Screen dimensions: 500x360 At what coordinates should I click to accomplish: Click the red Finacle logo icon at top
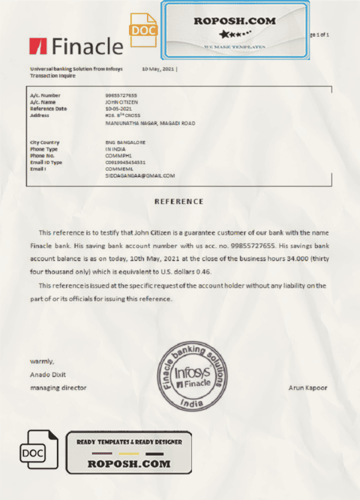(38, 46)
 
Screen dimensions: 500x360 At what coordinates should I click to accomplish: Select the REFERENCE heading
(179, 202)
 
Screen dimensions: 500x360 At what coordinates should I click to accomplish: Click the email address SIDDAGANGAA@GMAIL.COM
(140, 176)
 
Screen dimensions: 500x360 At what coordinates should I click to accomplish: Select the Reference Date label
(48, 109)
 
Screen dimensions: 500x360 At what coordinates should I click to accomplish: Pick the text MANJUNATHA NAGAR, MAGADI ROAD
(149, 123)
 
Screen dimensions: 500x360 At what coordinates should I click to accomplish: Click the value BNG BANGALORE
(125, 142)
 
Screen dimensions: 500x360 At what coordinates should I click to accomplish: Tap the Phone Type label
(44, 149)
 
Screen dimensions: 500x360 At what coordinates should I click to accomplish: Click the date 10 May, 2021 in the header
(158, 69)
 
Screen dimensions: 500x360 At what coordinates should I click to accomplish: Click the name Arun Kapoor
(308, 388)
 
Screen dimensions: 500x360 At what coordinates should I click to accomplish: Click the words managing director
(58, 388)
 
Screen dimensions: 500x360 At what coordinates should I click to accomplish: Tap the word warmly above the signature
(42, 361)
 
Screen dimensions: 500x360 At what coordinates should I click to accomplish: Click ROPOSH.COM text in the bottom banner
(129, 464)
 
